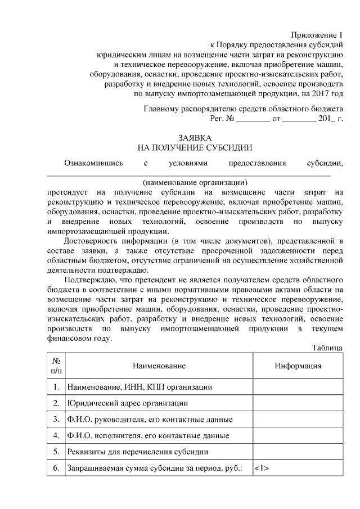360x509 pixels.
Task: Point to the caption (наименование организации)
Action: click(x=195, y=182)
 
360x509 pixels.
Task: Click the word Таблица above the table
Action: click(x=327, y=348)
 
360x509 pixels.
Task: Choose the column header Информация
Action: click(x=298, y=366)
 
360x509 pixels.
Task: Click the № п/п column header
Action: click(x=56, y=366)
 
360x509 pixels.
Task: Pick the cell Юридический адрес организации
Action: click(x=127, y=403)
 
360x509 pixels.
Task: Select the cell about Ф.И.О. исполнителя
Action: click(x=147, y=436)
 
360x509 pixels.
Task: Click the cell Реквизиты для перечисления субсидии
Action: click(x=138, y=452)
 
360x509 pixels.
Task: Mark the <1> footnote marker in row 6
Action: click(x=262, y=468)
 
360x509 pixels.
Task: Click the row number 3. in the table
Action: click(x=56, y=420)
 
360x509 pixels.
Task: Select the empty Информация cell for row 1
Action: click(x=298, y=387)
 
